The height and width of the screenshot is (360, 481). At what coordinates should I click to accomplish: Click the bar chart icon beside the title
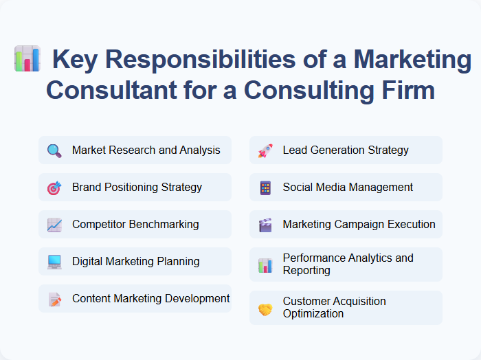(27, 59)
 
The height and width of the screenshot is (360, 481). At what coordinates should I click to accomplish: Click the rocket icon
(265, 150)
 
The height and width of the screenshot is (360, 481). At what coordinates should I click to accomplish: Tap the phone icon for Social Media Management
(265, 188)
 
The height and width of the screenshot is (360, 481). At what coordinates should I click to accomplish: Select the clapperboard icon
(265, 225)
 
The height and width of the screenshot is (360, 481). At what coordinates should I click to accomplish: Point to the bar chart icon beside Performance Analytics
(265, 265)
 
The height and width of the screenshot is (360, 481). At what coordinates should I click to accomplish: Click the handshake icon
(265, 308)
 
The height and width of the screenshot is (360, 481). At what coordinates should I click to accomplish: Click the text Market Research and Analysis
(146, 150)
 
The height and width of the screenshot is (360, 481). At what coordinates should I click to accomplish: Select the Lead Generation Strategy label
(346, 150)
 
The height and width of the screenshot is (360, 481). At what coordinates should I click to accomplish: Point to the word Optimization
(313, 314)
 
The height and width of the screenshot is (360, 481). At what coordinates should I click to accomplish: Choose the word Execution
(411, 225)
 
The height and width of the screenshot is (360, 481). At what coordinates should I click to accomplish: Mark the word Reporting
(306, 271)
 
